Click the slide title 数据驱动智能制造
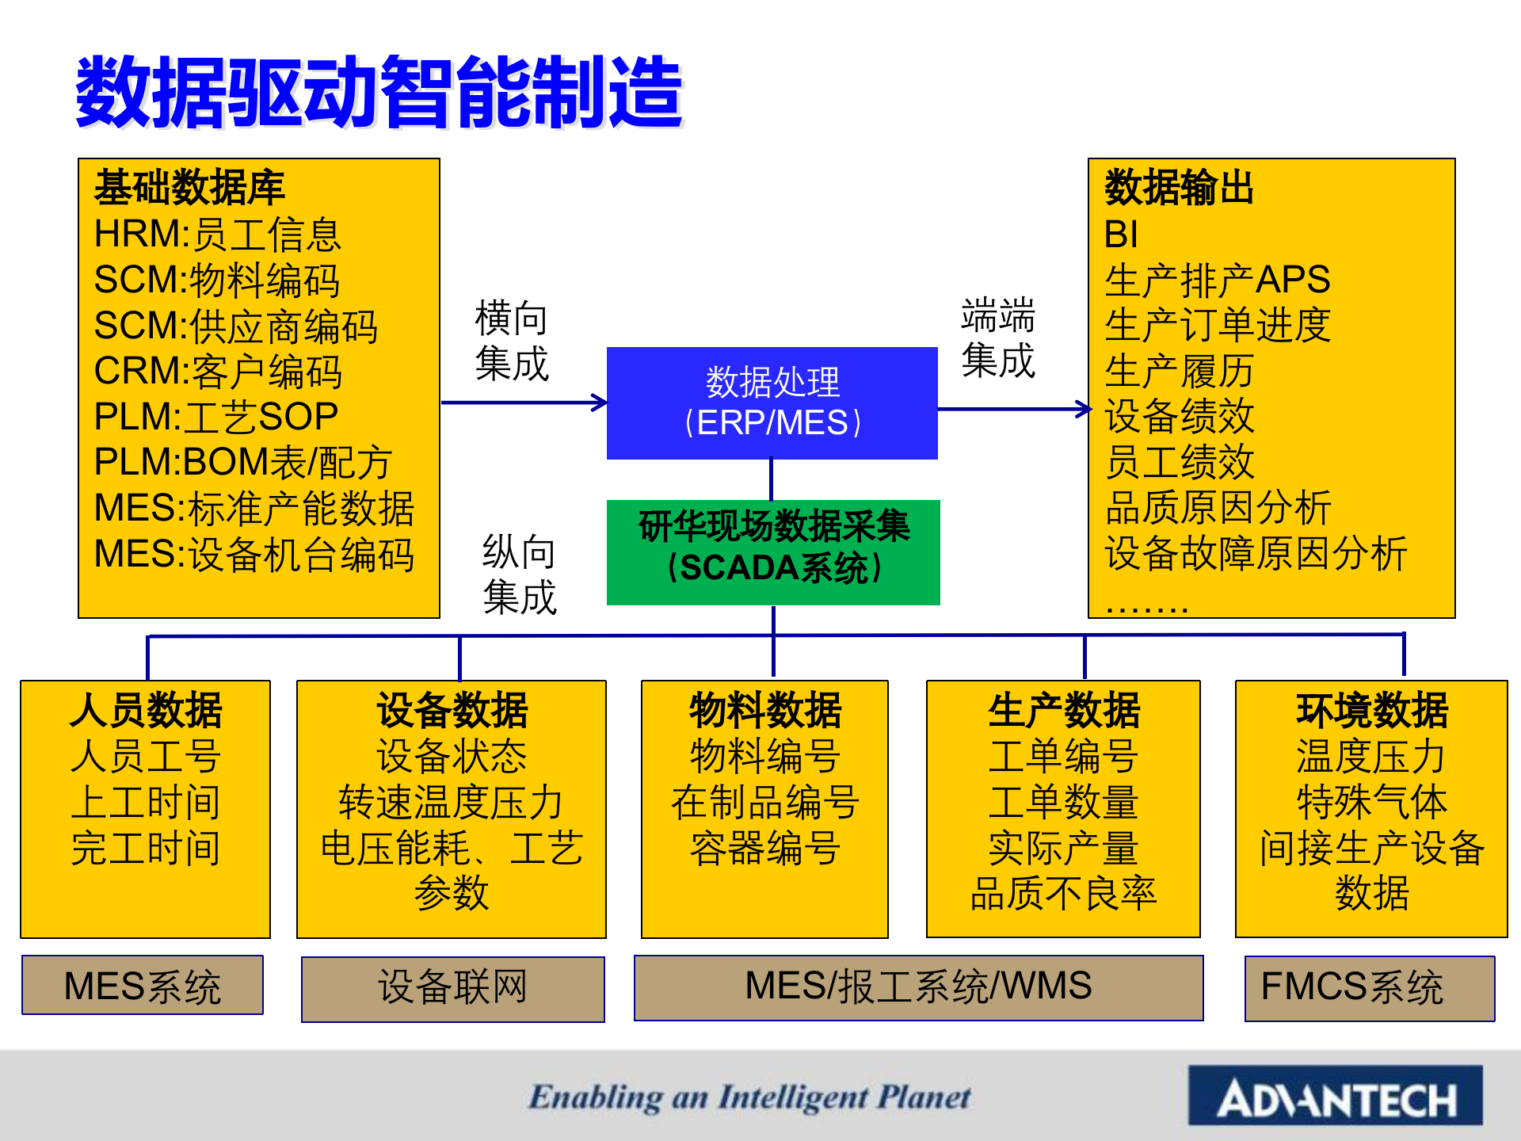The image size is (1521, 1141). coord(379,92)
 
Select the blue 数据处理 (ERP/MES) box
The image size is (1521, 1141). coord(772,403)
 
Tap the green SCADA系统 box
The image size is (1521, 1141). coord(773,551)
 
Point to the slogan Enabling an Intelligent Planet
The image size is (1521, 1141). coord(749,1097)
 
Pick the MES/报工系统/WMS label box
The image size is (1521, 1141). coord(918,987)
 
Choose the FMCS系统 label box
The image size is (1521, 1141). coord(1369,988)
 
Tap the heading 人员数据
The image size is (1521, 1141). coord(146,710)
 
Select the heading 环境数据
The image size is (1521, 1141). coord(1371,710)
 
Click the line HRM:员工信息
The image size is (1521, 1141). coord(217,235)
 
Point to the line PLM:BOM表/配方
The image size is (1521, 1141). coord(242,463)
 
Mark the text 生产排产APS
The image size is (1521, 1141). coord(1217,280)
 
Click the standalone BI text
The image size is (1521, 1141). coord(1121,235)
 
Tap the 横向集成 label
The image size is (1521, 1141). coord(512,341)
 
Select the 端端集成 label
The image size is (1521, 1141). coord(998,338)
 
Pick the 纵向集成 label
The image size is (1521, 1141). coord(519,574)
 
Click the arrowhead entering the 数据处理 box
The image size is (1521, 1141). coord(600,403)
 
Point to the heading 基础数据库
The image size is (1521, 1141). coord(189,188)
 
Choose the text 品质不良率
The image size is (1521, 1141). coord(1063,894)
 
